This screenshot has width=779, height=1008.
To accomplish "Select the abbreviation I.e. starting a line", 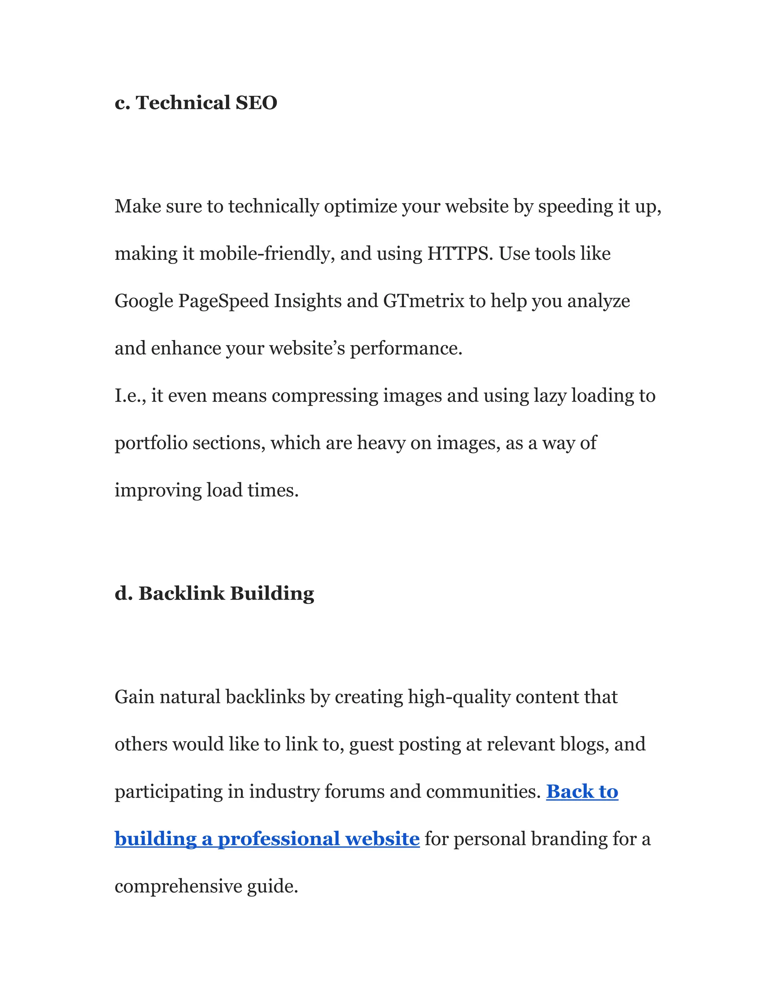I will click(130, 396).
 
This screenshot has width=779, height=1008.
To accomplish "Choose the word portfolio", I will click(151, 443).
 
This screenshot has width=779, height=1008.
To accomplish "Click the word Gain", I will click(134, 697).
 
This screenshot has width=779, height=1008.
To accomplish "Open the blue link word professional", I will click(278, 839).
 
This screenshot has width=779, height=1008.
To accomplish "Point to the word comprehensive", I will click(178, 886).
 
